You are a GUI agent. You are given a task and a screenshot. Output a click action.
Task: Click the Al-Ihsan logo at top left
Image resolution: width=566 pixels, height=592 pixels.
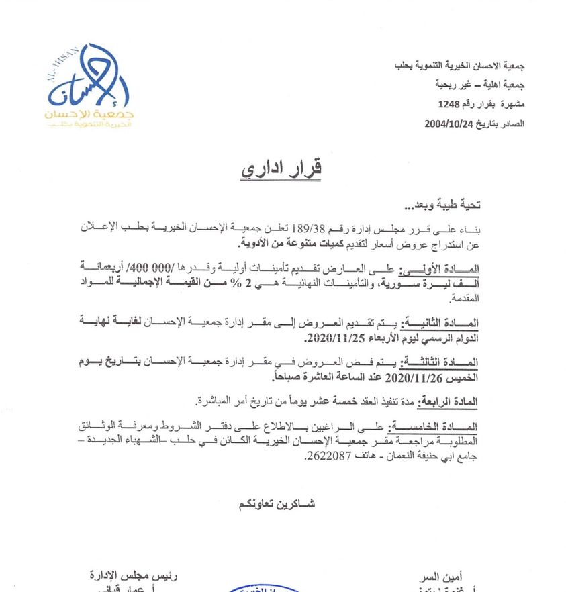[x=89, y=87]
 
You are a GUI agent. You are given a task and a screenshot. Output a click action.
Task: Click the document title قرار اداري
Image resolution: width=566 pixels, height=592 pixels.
[x=281, y=168]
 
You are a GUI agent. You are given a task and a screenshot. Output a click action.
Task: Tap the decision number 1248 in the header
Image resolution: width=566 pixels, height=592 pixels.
[x=450, y=105]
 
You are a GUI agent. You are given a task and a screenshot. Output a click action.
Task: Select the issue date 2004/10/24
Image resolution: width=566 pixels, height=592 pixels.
[x=450, y=124]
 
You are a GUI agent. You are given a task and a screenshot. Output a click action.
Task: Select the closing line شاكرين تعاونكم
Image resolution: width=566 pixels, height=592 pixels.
[x=277, y=503]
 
